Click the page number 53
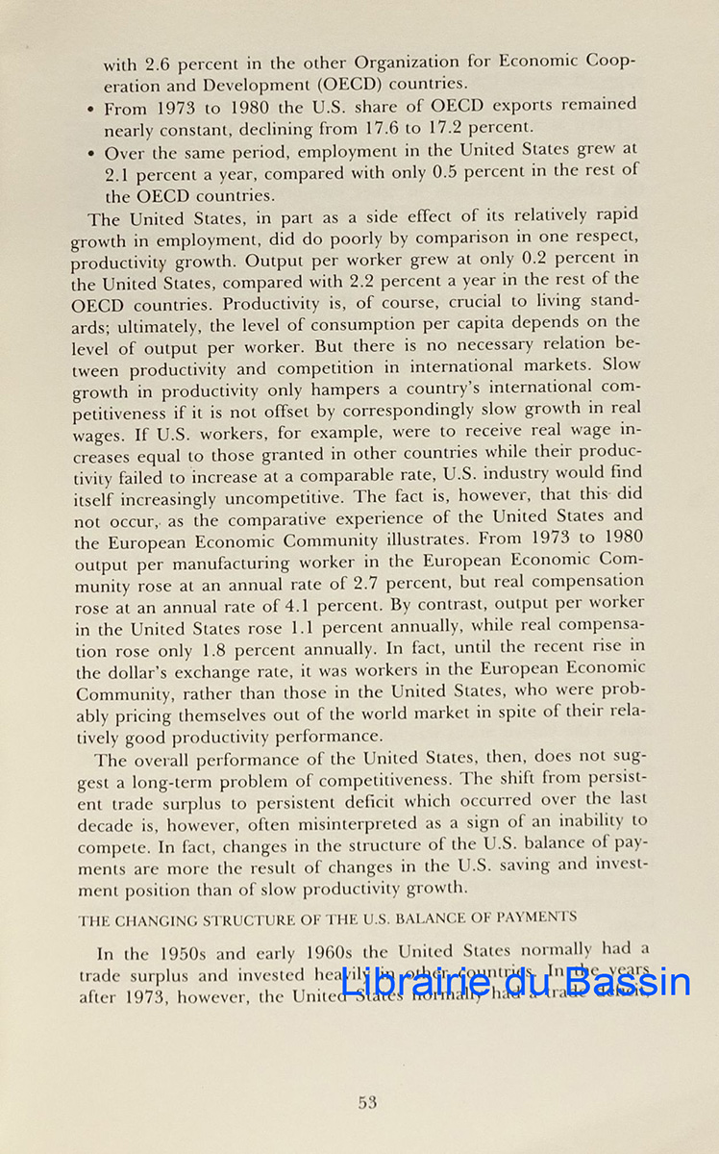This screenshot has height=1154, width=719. tap(367, 1103)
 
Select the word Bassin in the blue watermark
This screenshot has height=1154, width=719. tap(627, 982)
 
